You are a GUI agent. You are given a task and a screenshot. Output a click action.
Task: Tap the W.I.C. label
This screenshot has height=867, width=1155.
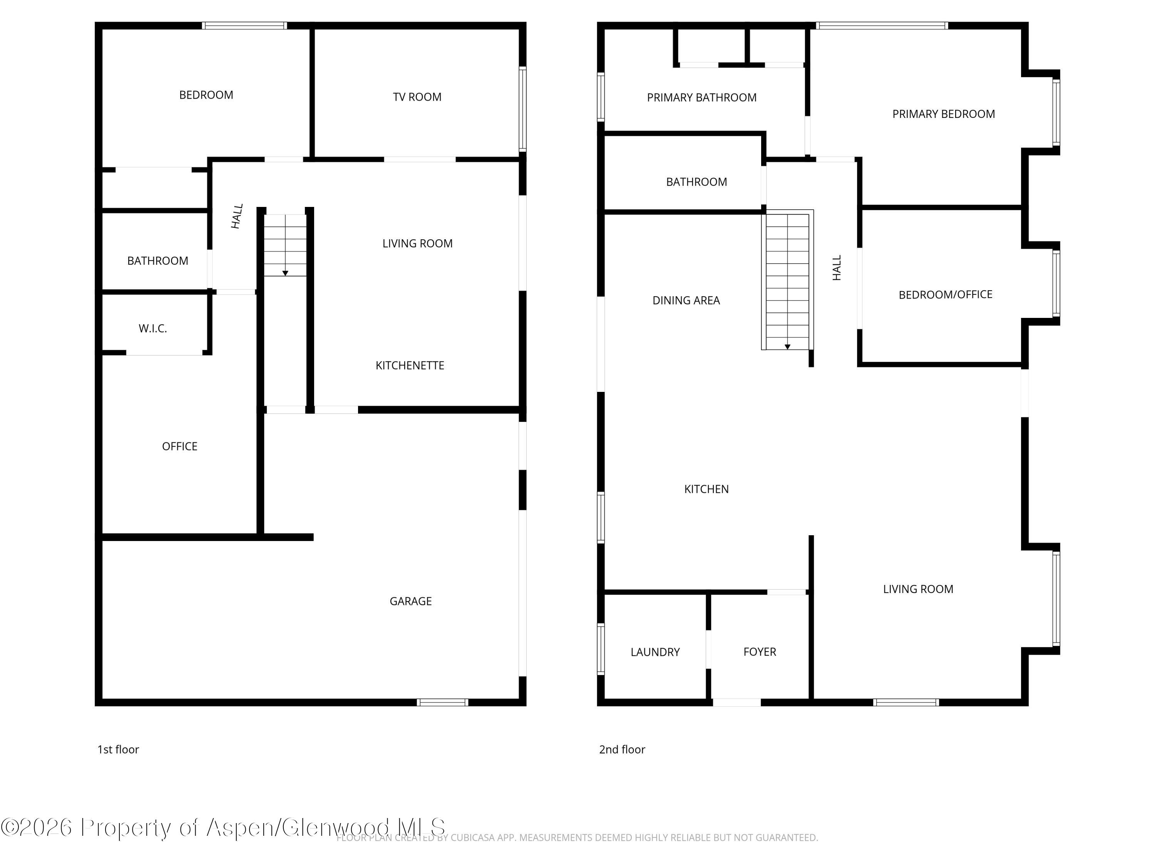[x=152, y=329]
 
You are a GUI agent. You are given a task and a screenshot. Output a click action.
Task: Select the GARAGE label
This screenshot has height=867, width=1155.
[x=410, y=602]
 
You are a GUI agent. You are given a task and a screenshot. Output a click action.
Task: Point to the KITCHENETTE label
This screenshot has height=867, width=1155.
[x=410, y=366]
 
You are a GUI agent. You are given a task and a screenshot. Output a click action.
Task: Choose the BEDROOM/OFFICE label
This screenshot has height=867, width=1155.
[x=945, y=295]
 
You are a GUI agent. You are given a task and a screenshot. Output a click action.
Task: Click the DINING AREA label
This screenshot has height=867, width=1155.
[x=686, y=301]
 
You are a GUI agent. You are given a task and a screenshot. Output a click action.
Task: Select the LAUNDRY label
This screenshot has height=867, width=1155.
[x=655, y=652]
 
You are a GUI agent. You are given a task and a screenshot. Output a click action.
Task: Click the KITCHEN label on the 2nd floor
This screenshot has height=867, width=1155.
[x=706, y=489]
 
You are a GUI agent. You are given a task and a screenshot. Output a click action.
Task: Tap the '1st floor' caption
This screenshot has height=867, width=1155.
[x=118, y=749]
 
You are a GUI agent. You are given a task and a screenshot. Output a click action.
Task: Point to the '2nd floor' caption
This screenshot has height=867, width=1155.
[x=622, y=749]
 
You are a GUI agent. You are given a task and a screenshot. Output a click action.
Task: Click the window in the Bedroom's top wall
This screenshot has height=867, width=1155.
[x=244, y=25]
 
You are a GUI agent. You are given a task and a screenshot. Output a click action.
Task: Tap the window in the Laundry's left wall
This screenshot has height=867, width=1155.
[x=601, y=649]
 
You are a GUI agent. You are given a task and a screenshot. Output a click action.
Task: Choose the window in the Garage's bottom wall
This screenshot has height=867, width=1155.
[x=443, y=702]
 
